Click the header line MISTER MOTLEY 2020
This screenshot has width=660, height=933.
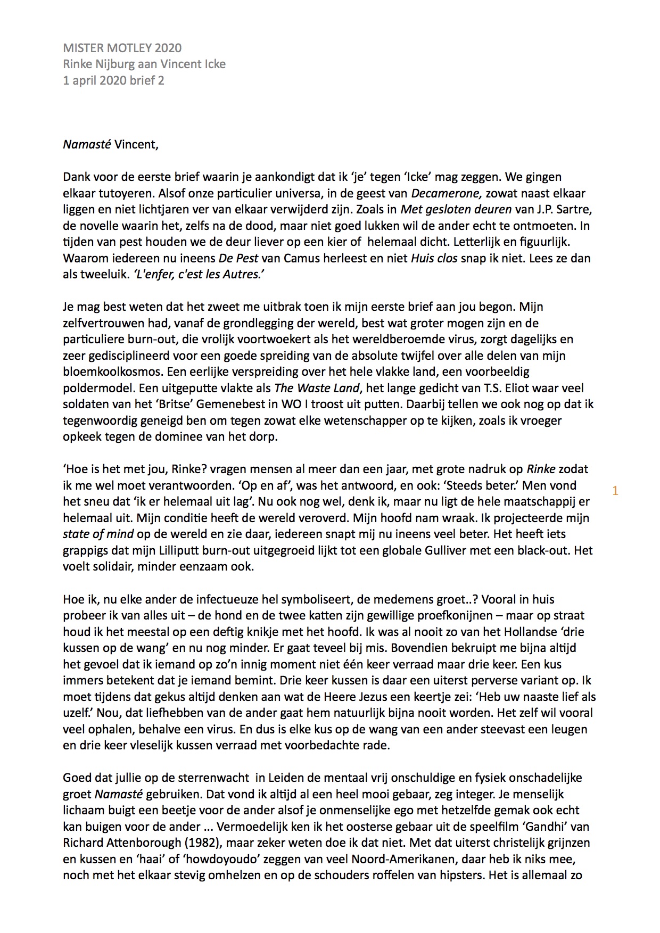tap(122, 48)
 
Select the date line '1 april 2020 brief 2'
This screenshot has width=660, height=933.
tap(113, 80)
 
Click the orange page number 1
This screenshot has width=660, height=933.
tap(615, 491)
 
